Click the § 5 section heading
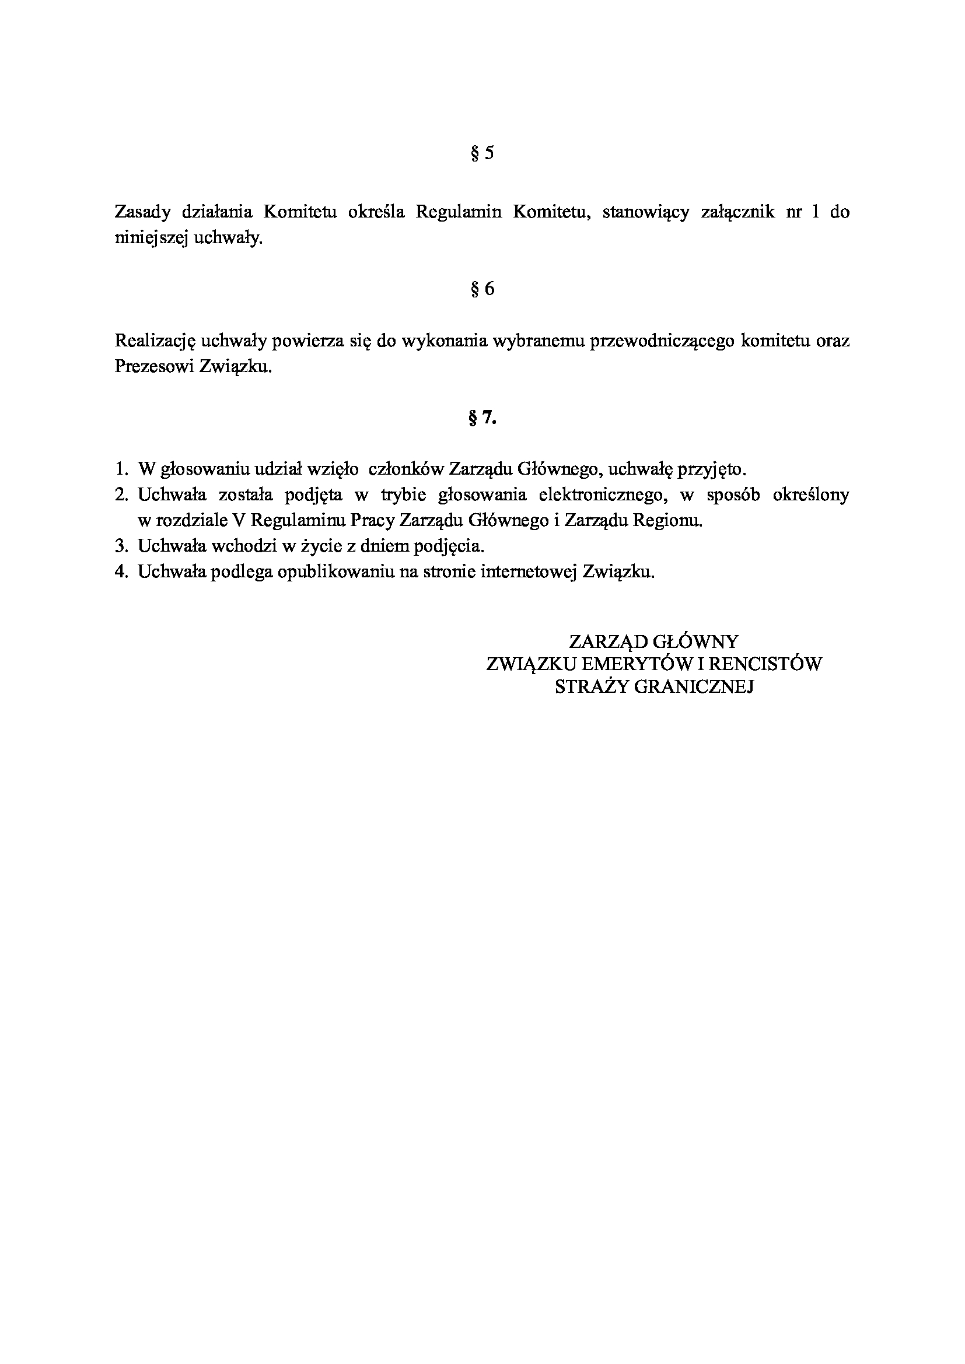[482, 154]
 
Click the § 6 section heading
[482, 289]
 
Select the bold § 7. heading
[482, 419]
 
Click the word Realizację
[155, 342]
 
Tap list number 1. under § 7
[121, 469]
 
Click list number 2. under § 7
[121, 495]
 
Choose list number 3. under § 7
[121, 546]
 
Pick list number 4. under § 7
[121, 571]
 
